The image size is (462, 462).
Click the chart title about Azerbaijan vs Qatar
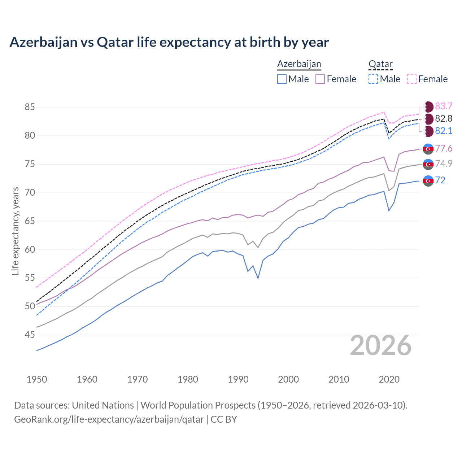(x=169, y=42)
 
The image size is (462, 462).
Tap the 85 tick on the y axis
(x=30, y=107)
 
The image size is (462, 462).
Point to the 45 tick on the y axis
(x=30, y=335)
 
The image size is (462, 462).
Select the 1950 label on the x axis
(x=37, y=379)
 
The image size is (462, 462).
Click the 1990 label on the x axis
(x=238, y=379)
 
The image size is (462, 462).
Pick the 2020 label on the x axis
(x=389, y=379)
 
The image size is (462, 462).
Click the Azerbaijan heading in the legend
(x=299, y=64)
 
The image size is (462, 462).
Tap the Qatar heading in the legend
(x=380, y=64)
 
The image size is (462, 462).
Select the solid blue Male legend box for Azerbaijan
(x=282, y=79)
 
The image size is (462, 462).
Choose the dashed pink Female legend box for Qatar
(x=412, y=79)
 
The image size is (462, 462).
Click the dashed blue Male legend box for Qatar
(x=373, y=79)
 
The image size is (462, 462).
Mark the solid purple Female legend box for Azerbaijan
(x=320, y=79)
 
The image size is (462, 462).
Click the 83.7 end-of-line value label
(x=444, y=106)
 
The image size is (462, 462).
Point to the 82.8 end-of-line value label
(x=444, y=118)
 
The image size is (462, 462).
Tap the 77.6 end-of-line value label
(x=444, y=148)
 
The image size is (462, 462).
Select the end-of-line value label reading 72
(x=440, y=180)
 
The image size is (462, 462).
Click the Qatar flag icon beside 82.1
(x=428, y=131)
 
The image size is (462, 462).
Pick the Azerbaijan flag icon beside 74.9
(x=428, y=164)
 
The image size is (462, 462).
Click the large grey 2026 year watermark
(x=380, y=345)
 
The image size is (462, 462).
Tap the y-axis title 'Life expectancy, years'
(x=16, y=231)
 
